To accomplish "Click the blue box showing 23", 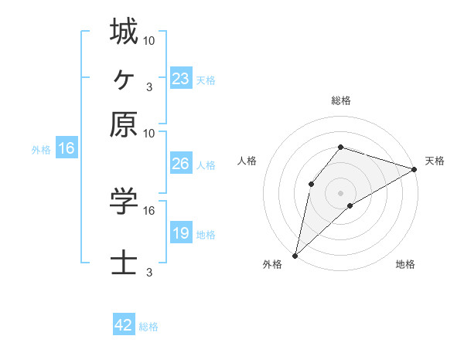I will pyautogui.click(x=180, y=79).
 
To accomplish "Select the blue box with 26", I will pyautogui.click(x=180, y=165).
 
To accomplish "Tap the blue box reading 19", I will pyautogui.click(x=180, y=233).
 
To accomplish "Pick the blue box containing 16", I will pyautogui.click(x=67, y=149).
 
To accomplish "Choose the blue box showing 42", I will pyautogui.click(x=124, y=325).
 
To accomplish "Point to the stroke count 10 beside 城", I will pyautogui.click(x=149, y=39).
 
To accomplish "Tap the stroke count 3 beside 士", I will pyautogui.click(x=149, y=273).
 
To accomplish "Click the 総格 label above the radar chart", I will pyautogui.click(x=341, y=100).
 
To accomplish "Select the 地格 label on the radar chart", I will pyautogui.click(x=405, y=265).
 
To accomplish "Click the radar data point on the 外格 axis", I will pyautogui.click(x=295, y=255).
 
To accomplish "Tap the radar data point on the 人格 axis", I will pyautogui.click(x=311, y=183).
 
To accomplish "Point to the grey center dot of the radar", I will pyautogui.click(x=341, y=192).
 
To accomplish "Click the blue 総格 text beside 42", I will pyautogui.click(x=148, y=327).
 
